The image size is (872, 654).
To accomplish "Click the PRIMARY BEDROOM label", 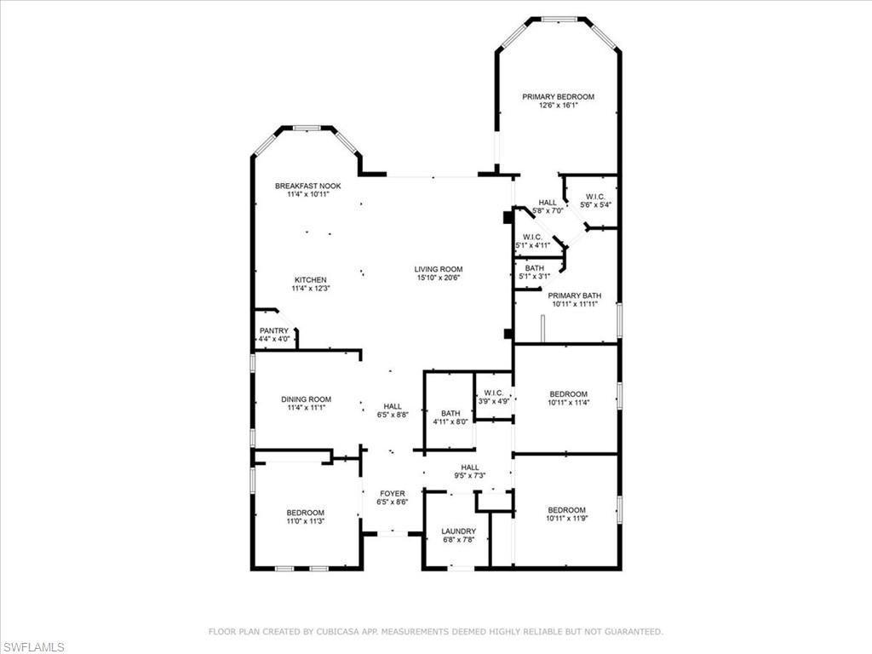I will (x=558, y=97).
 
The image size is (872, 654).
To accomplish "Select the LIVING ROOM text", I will (x=439, y=269).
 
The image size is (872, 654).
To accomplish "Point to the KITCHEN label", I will (x=310, y=280).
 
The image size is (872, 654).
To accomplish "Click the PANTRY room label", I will (x=274, y=330).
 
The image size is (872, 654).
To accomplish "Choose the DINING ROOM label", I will (x=307, y=399).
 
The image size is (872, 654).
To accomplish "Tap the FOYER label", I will (x=393, y=493).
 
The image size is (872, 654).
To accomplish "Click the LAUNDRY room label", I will (x=458, y=531).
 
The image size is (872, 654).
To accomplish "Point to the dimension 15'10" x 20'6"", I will (x=439, y=278).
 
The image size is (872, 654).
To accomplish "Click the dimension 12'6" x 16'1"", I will (x=558, y=106).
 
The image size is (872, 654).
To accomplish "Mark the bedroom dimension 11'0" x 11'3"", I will (x=305, y=521).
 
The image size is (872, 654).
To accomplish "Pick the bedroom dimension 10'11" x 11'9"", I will (x=567, y=518).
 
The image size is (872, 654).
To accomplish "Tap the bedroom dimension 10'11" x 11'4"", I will (x=568, y=403).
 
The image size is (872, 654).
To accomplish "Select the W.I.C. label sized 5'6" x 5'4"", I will (x=595, y=197).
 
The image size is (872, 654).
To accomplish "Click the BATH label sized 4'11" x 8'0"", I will (x=450, y=413).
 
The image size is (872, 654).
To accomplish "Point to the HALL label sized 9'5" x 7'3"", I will (x=470, y=468).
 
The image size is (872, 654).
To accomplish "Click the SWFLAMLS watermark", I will (x=32, y=647).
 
